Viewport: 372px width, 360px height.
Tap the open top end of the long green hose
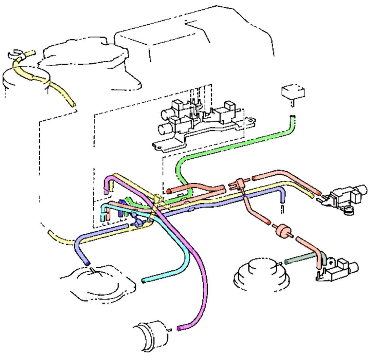click(292, 117)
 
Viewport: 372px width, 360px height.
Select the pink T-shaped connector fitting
click(239, 183)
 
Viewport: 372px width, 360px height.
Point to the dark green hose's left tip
click(287, 262)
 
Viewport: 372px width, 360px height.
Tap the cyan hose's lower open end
click(144, 281)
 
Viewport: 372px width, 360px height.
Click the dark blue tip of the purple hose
click(87, 263)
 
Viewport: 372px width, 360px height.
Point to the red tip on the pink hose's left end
click(169, 190)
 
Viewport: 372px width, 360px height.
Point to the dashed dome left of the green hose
click(262, 273)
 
